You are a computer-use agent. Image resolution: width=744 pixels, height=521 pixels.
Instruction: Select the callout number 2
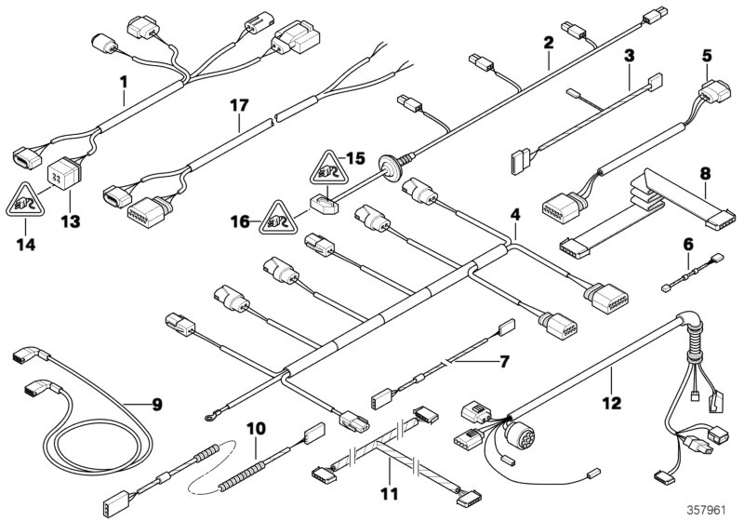549,42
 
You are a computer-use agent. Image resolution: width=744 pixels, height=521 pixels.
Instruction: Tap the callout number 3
629,56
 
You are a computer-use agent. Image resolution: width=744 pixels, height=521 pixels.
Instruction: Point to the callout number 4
513,217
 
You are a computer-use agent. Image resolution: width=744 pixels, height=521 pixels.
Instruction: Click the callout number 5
707,56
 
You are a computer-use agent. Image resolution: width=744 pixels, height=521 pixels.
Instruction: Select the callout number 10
256,429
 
